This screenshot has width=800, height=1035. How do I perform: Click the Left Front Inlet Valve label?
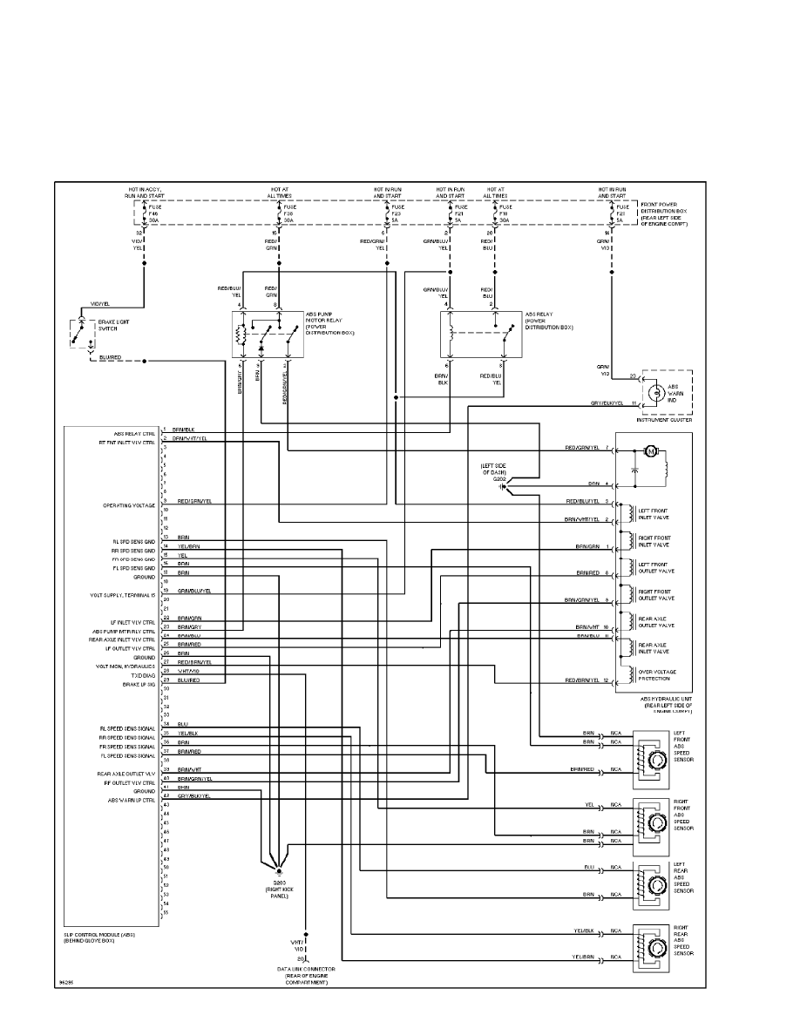click(654, 514)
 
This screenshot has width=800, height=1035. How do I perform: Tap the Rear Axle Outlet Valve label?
click(655, 622)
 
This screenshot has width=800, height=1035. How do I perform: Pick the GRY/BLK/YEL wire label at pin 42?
click(194, 796)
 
